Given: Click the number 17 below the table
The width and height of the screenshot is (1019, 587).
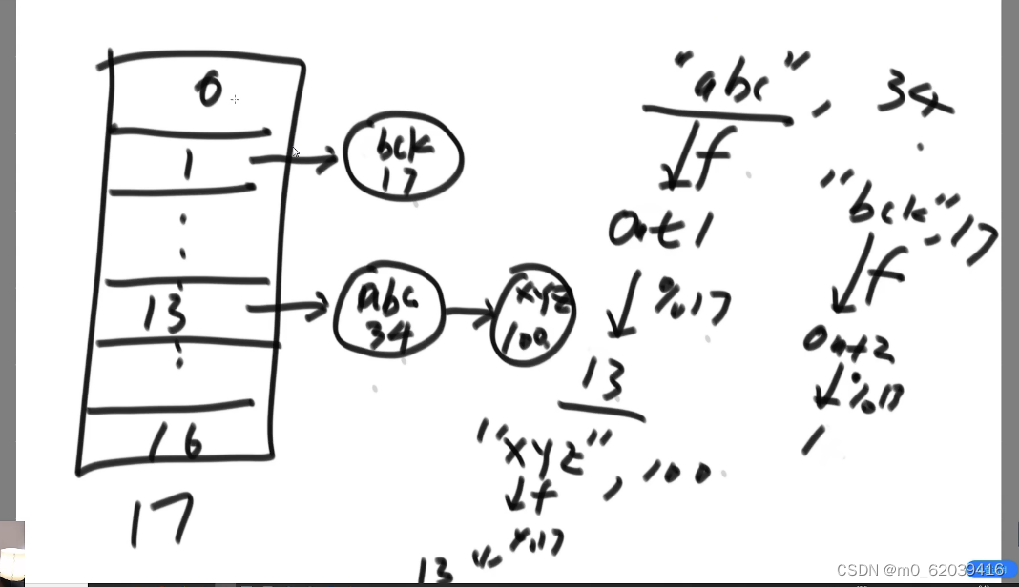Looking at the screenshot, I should tap(161, 518).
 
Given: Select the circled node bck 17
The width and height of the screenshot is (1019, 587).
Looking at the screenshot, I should tap(404, 159).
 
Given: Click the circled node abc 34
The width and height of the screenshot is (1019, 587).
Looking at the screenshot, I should tap(388, 311).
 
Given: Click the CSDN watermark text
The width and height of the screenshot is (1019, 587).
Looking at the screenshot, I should tap(920, 570).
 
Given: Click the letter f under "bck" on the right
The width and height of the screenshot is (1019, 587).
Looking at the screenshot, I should tap(872, 271).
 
